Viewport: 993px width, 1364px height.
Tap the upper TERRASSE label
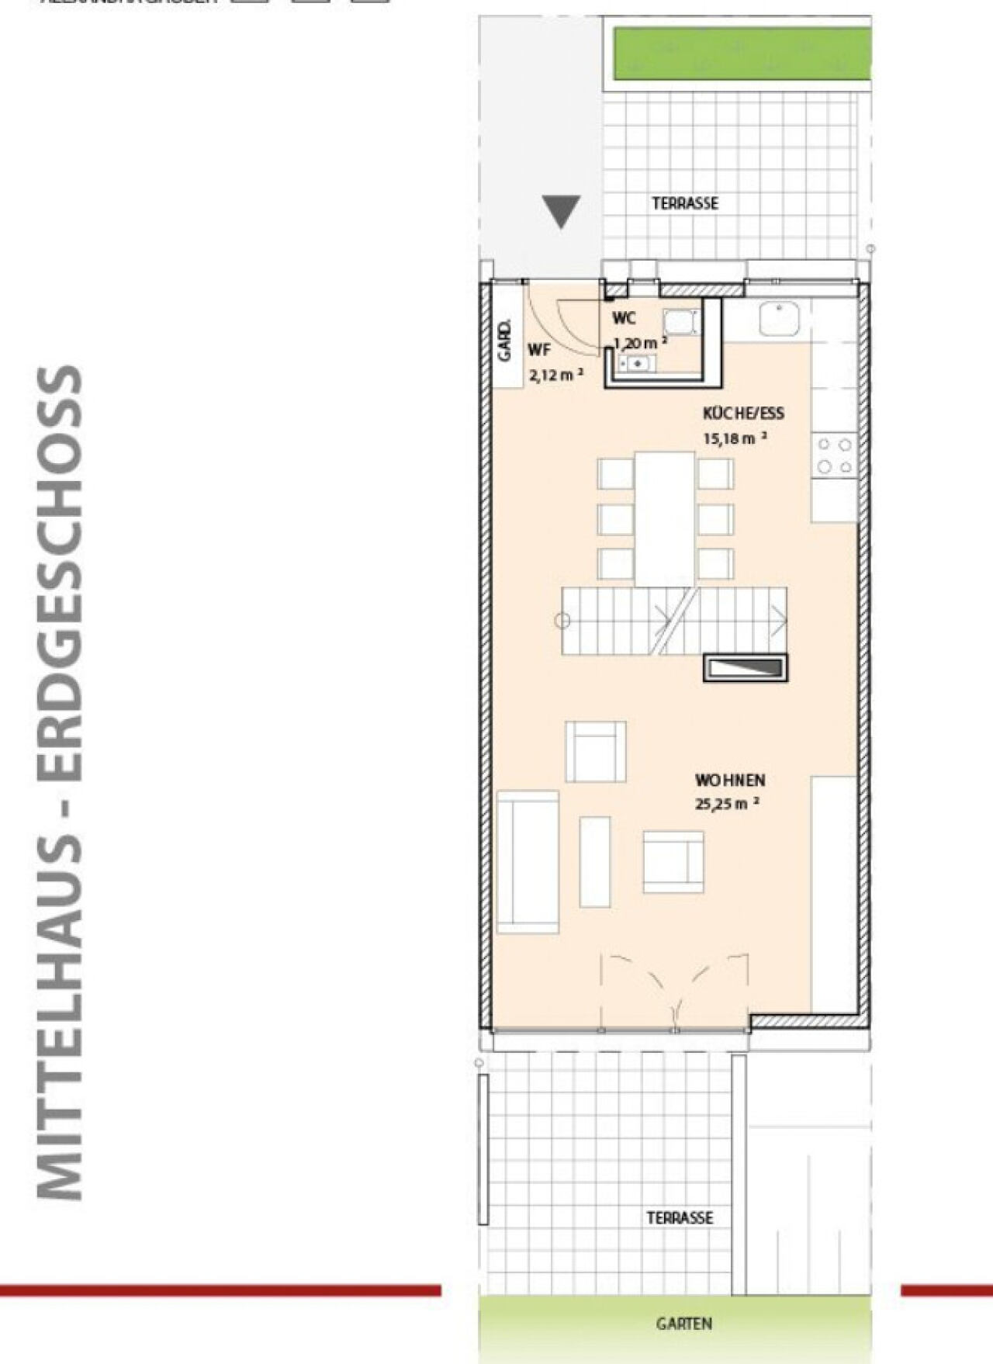(x=685, y=203)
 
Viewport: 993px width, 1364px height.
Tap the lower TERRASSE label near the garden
(x=680, y=1217)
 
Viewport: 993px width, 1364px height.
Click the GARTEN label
(x=683, y=1324)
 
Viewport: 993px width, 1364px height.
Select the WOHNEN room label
(x=729, y=780)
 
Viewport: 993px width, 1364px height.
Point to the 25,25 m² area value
(x=726, y=804)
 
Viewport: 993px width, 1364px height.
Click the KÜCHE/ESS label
(x=743, y=413)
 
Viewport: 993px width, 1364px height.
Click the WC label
(x=624, y=318)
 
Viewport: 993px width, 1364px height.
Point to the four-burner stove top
(x=835, y=455)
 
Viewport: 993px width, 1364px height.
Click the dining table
(x=665, y=518)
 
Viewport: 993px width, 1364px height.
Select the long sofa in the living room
(x=528, y=861)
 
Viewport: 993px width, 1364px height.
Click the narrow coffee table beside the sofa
(x=595, y=861)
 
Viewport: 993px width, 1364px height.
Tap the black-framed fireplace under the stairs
(x=745, y=668)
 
